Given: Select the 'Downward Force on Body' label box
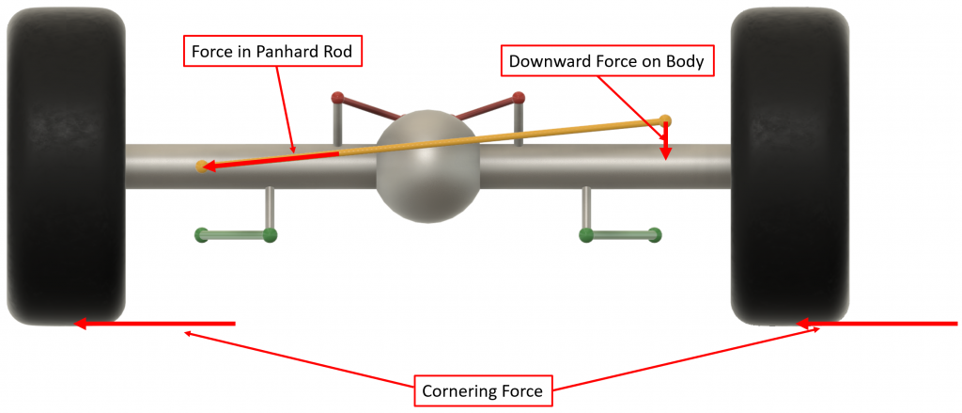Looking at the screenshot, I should [x=606, y=62].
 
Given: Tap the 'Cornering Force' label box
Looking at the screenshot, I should [x=482, y=389].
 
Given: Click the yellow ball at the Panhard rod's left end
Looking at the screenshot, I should [x=201, y=167].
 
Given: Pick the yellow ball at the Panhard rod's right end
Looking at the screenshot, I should [x=665, y=119].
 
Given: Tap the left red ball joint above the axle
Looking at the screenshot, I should [x=338, y=97].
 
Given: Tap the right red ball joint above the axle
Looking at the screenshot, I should [x=518, y=97].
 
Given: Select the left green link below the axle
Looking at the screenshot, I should [x=235, y=234].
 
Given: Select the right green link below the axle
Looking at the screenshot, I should [x=620, y=234].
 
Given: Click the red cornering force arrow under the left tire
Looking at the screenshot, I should [x=155, y=324].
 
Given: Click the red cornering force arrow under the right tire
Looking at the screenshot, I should [x=878, y=324].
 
